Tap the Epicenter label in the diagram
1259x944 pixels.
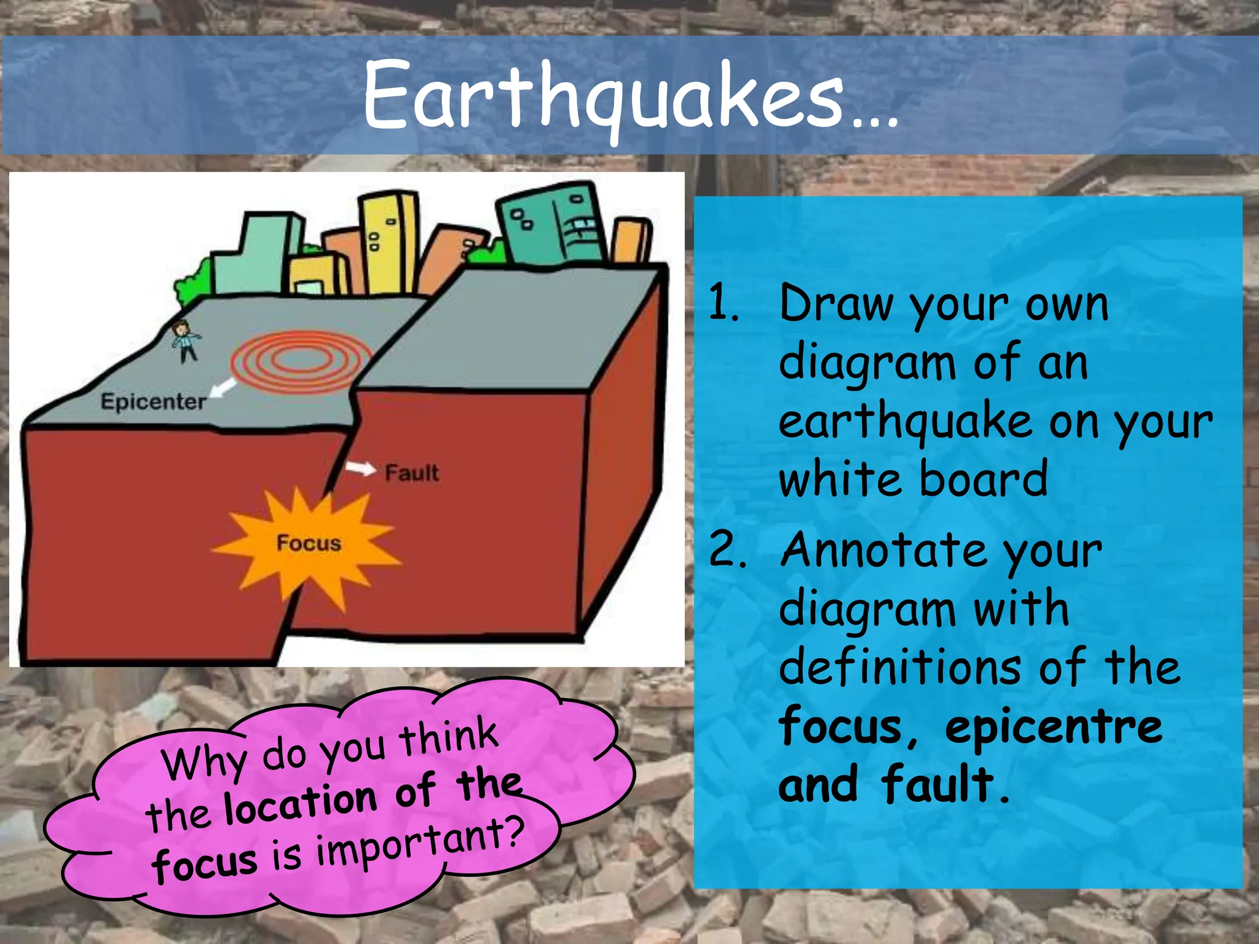pos(153,402)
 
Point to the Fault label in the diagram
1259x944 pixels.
pos(412,473)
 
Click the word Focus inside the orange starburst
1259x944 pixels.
pos(309,543)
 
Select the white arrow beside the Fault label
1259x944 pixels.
pos(360,468)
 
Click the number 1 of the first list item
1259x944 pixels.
pos(722,302)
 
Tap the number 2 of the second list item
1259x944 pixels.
pos(726,549)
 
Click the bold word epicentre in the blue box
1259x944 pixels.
pos(1054,727)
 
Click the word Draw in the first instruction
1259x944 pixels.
pos(836,304)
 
